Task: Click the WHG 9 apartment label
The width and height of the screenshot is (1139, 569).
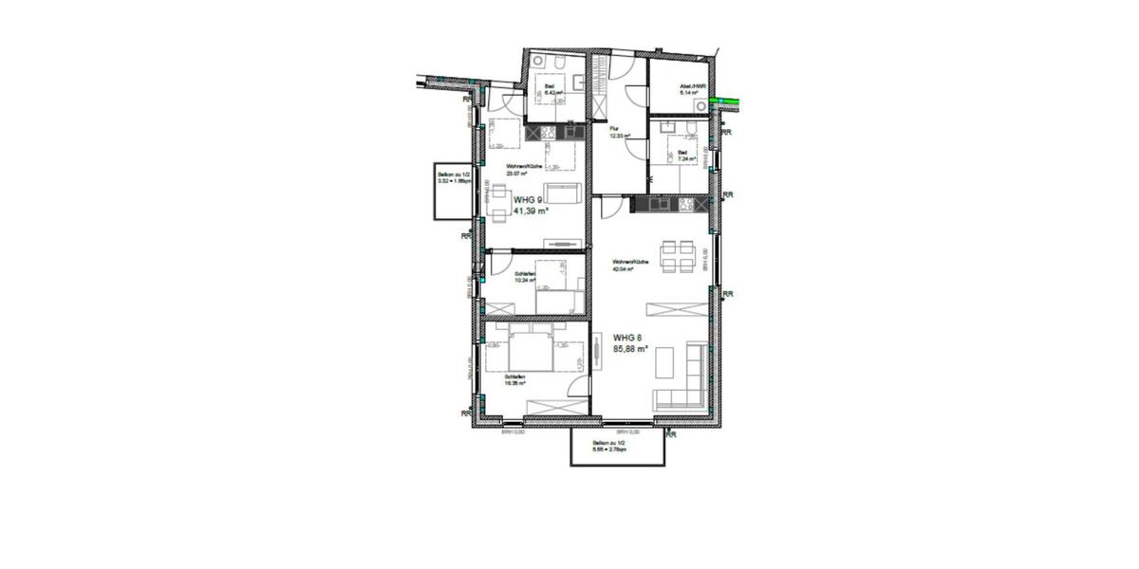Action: tap(528, 200)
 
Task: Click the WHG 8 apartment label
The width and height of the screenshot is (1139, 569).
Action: tap(626, 337)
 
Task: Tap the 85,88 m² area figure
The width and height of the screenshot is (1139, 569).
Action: tap(630, 349)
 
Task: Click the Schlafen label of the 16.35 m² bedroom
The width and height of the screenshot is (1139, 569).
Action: tap(515, 376)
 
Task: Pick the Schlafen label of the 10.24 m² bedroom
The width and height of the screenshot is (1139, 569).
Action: tap(525, 274)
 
